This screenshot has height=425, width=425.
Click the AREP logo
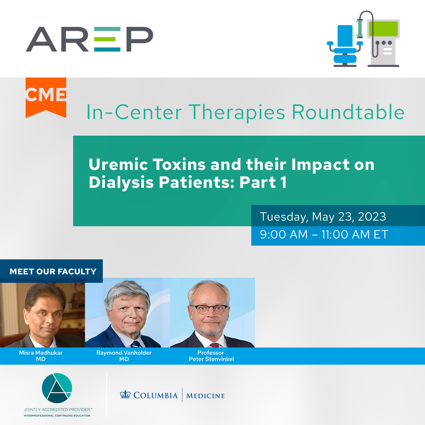[89, 39]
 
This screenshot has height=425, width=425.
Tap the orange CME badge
[46, 97]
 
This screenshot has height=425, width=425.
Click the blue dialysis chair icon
[345, 46]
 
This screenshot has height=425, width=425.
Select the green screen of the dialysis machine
[383, 29]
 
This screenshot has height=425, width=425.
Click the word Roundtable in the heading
[348, 112]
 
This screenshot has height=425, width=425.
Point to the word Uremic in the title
[118, 164]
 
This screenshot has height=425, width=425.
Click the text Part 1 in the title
[263, 182]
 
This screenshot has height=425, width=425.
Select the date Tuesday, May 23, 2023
[323, 217]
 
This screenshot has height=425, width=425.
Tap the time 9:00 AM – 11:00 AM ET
[324, 234]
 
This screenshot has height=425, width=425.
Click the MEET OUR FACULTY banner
[51, 271]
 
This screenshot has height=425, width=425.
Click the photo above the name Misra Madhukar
[42, 315]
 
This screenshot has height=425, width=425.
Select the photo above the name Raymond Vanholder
[127, 313]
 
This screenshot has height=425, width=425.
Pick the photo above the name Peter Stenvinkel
[212, 313]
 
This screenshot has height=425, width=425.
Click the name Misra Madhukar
[41, 353]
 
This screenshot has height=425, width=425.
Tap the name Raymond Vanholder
[124, 353]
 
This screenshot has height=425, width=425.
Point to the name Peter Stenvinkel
[211, 359]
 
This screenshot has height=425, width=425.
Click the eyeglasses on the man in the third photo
[209, 309]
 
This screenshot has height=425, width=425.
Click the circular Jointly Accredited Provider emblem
[57, 388]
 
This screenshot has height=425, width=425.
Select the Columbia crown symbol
[125, 395]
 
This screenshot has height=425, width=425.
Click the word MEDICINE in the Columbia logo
[205, 396]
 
